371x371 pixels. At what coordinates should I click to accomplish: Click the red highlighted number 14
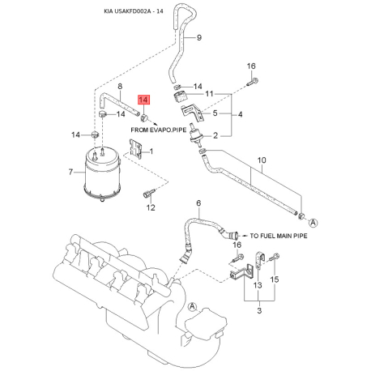[x=143, y=100]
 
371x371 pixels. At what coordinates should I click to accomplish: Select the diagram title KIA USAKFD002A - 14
[x=134, y=11]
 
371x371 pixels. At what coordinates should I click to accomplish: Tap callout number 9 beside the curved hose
[x=199, y=37]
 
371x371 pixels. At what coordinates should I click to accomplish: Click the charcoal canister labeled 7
[x=102, y=176]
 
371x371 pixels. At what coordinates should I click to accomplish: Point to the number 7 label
[x=70, y=172]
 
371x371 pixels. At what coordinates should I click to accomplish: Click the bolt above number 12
[x=148, y=193]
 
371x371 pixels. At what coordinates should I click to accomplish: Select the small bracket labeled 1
[x=136, y=149]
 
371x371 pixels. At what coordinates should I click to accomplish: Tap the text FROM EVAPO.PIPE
[x=159, y=130]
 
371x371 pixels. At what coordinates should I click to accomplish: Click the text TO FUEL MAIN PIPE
[x=279, y=236]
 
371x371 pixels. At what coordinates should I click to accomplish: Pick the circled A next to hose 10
[x=313, y=223]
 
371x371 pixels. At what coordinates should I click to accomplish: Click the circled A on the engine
[x=192, y=306]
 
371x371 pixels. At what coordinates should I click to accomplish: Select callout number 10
[x=262, y=160]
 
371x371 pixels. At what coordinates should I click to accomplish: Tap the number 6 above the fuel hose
[x=198, y=203]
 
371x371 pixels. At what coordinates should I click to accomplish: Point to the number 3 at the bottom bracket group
[x=259, y=310]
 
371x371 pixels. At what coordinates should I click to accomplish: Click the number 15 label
[x=275, y=279]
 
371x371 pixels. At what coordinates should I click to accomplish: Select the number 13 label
[x=258, y=285]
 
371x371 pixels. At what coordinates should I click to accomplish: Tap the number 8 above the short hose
[x=120, y=87]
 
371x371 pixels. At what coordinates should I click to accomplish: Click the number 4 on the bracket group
[x=240, y=114]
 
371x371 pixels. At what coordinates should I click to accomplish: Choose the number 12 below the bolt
[x=151, y=207]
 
